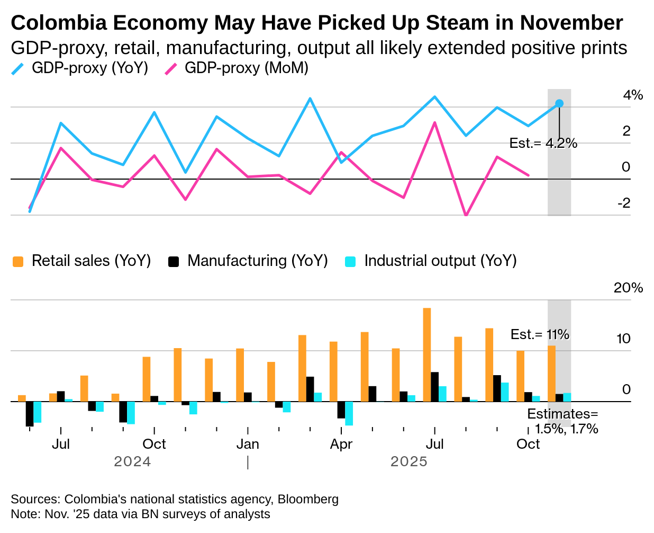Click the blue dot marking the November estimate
click(559, 104)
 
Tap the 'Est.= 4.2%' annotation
click(543, 143)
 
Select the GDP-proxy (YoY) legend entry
click(80, 68)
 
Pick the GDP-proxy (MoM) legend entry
click(237, 68)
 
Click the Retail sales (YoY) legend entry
click(82, 261)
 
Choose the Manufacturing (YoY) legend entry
click(248, 261)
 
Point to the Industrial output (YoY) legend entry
click(431, 261)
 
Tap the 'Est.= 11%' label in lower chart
click(540, 334)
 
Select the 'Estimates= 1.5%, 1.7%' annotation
click(563, 421)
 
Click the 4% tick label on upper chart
click(633, 95)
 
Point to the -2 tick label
click(624, 203)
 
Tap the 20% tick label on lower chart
click(628, 288)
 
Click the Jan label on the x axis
click(248, 444)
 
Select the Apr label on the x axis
click(341, 444)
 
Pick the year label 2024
click(132, 461)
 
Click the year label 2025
click(409, 461)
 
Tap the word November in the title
click(571, 23)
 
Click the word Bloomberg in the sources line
click(308, 499)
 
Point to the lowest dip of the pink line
click(466, 215)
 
